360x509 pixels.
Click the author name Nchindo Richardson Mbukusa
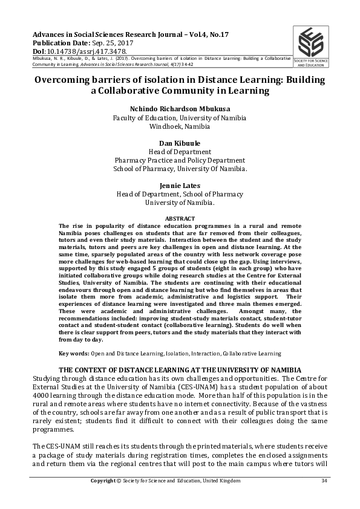[x=180, y=109]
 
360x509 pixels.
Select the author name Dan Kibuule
[x=180, y=142]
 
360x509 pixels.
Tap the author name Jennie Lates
[x=180, y=185]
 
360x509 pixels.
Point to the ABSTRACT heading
[x=180, y=218]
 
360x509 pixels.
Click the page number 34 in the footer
[x=324, y=481]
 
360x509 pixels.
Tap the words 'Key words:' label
[x=74, y=353]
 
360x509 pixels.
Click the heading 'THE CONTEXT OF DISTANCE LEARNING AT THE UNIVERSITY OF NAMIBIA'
[x=180, y=369]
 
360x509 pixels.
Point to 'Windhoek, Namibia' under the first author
[x=180, y=127]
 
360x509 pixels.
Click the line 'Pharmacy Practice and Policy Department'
[x=180, y=160]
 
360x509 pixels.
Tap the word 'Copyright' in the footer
[x=102, y=481]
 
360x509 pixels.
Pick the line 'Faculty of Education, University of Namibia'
[x=180, y=118]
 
